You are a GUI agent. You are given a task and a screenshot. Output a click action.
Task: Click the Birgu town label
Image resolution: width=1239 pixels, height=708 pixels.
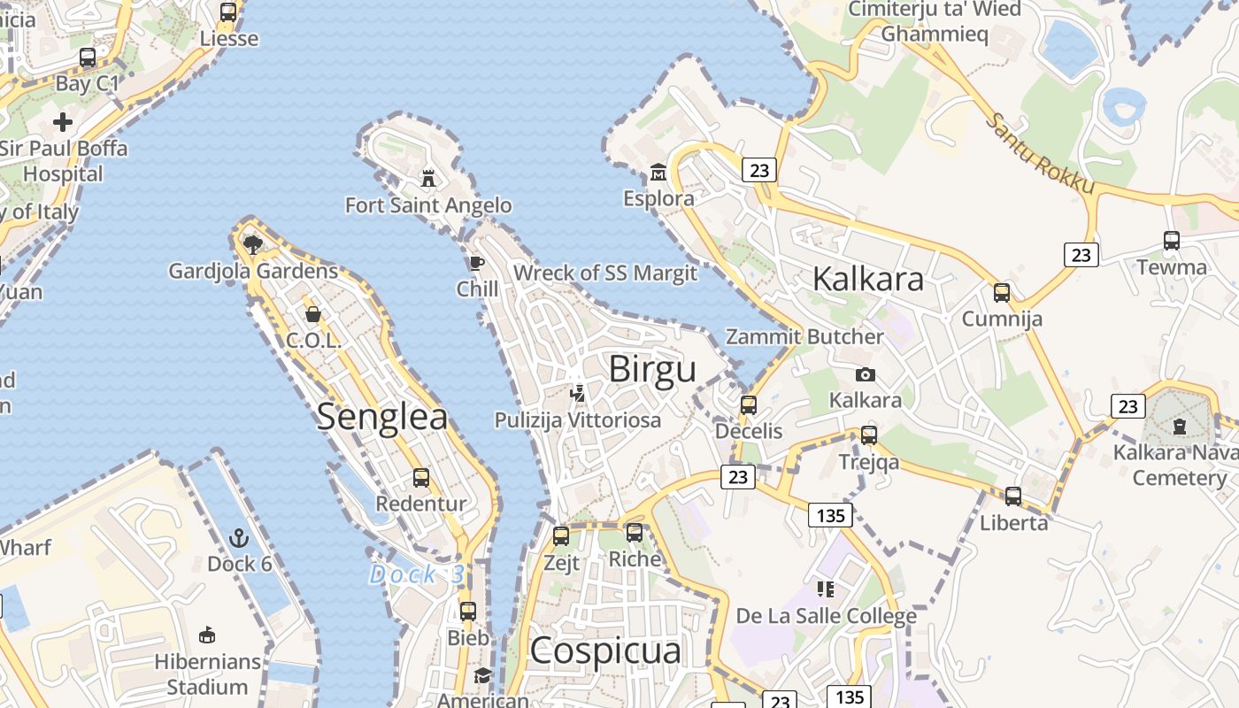point(652,369)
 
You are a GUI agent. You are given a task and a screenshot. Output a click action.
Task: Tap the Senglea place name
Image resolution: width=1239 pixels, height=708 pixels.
point(382,416)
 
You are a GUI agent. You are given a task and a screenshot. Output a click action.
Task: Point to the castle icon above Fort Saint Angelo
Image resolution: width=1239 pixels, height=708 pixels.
point(428,178)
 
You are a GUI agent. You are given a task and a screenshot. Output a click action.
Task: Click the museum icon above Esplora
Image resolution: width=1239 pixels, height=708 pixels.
point(658,171)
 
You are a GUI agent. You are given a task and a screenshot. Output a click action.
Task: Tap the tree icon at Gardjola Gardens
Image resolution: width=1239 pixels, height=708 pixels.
point(253,243)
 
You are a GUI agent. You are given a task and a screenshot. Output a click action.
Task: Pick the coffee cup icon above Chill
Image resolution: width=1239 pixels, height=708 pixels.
point(477,262)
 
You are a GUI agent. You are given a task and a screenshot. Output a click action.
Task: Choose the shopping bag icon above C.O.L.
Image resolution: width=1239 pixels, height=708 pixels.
point(313,313)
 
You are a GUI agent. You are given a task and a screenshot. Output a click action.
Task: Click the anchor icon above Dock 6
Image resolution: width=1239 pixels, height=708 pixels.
point(239,537)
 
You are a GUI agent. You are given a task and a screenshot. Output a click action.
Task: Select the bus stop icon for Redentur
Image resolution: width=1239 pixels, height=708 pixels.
point(421,478)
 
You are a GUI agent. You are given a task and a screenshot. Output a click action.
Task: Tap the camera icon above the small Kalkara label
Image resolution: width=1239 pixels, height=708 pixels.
point(866,374)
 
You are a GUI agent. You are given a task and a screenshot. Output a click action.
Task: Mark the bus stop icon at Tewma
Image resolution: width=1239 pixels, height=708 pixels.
point(1172,240)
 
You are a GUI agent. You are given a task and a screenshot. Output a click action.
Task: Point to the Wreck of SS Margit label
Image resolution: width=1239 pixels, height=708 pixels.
point(605,273)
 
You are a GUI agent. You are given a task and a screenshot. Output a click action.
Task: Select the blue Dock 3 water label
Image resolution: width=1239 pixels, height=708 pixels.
point(416,574)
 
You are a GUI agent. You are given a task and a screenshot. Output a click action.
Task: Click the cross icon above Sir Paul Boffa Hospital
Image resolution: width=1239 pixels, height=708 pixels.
point(63,121)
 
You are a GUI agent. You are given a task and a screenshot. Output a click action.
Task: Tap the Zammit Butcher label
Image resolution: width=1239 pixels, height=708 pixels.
point(804,337)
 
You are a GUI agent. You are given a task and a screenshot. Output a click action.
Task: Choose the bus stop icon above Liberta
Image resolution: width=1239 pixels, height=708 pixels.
point(1013,496)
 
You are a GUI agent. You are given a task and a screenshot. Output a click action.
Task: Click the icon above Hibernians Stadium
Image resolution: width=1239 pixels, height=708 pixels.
point(207,635)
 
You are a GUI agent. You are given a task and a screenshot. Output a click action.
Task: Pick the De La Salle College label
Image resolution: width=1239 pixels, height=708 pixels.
point(827,616)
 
